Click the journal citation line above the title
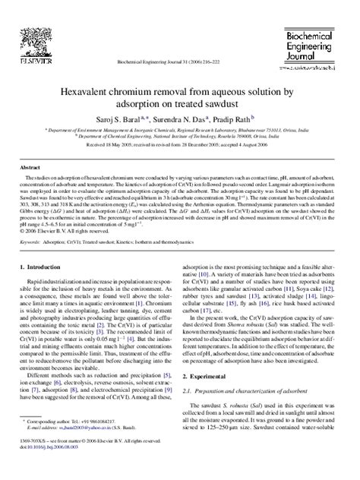coord(180,63)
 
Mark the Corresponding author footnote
coord(76,441)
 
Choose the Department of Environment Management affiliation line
coord(180,129)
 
